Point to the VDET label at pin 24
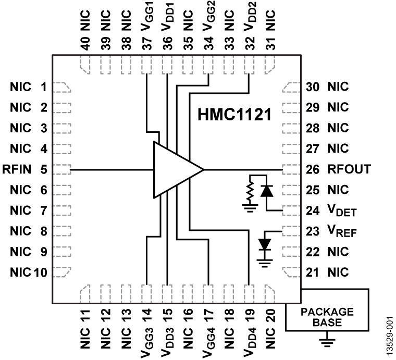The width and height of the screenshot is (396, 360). tap(342, 211)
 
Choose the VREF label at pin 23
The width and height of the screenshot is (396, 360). tap(342, 231)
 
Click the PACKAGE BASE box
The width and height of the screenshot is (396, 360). tap(327, 317)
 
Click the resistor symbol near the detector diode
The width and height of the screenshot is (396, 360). tap(251, 192)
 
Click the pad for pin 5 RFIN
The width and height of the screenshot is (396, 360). tap(62, 169)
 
